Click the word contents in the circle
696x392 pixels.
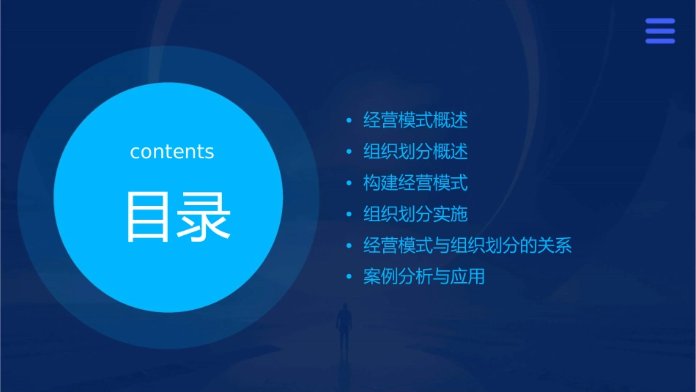(171, 152)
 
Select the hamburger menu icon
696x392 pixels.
(659, 31)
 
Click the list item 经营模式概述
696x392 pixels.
(415, 120)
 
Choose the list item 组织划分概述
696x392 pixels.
(415, 152)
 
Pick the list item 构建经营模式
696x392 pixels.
(415, 183)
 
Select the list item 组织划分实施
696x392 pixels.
(415, 215)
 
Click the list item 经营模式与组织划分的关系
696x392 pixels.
(467, 245)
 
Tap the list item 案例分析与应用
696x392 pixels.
(424, 277)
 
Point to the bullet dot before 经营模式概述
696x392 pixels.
(349, 120)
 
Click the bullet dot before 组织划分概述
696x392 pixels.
(349, 152)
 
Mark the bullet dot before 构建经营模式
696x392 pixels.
(349, 183)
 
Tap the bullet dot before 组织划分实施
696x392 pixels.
(349, 215)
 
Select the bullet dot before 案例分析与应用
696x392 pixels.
(349, 277)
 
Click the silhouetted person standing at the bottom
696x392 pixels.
(343, 326)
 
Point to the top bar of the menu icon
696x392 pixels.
(659, 21)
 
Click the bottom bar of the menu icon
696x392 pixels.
(659, 41)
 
